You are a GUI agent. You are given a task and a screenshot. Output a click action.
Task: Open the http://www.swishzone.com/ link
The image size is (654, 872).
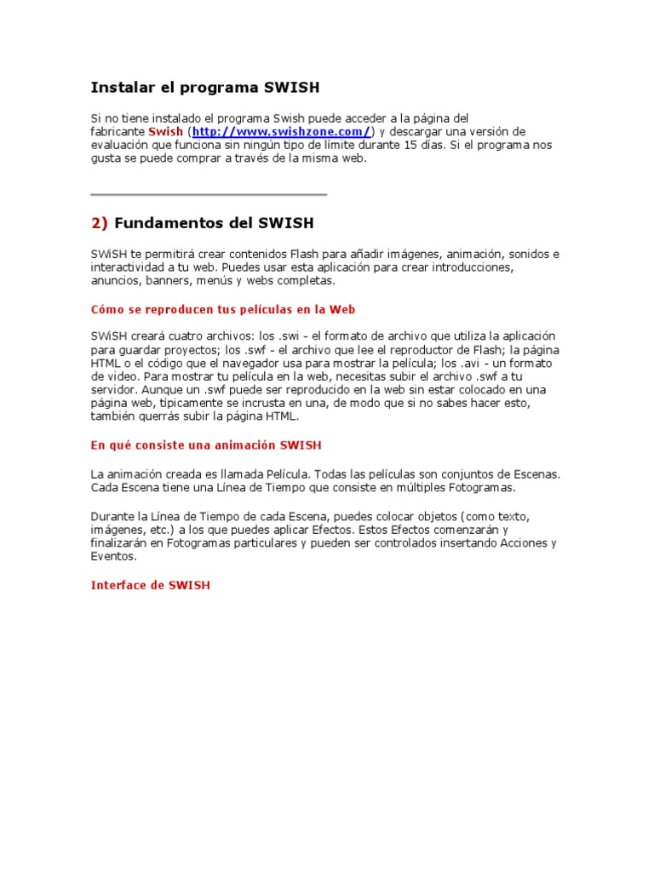pyautogui.click(x=282, y=132)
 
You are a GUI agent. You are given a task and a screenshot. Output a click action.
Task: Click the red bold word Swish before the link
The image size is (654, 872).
pyautogui.click(x=165, y=132)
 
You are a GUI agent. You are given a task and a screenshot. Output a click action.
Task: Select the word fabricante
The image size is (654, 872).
pyautogui.click(x=118, y=132)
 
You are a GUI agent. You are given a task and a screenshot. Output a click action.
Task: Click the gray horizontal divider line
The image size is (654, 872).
pyautogui.click(x=209, y=195)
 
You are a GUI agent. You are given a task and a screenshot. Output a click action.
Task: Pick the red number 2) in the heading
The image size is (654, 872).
pyautogui.click(x=100, y=223)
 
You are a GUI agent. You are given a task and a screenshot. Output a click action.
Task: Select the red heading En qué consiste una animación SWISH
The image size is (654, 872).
pyautogui.click(x=206, y=445)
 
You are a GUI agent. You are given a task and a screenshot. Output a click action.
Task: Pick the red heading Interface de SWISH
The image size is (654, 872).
pyautogui.click(x=150, y=585)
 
